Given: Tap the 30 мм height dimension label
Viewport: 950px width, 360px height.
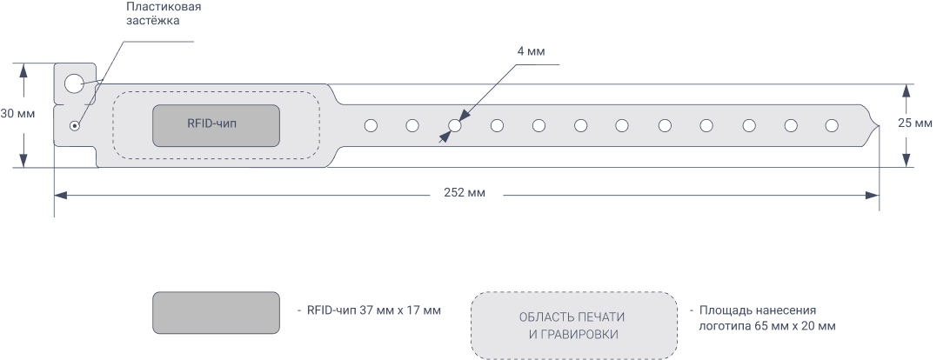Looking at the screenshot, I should click(17, 114).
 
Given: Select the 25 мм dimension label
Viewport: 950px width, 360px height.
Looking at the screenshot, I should click(916, 123).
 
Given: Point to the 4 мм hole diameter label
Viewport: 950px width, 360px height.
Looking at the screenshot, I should click(530, 52).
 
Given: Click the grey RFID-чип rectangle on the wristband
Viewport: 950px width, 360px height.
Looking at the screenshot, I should click(217, 125).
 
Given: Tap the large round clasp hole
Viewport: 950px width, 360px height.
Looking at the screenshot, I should click(74, 83).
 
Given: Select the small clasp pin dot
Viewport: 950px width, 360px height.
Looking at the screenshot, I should click(75, 125).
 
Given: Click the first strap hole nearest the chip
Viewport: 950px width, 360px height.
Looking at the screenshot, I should click(371, 126).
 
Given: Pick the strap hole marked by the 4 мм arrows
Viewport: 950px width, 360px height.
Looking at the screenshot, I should click(454, 126).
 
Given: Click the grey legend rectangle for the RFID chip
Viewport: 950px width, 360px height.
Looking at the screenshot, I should click(216, 313).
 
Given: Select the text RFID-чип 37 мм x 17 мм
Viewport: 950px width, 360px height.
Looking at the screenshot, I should click(369, 310).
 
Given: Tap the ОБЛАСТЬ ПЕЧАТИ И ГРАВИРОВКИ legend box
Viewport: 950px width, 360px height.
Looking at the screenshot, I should click(574, 325).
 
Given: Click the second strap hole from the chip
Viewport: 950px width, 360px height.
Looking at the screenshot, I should click(412, 126).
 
